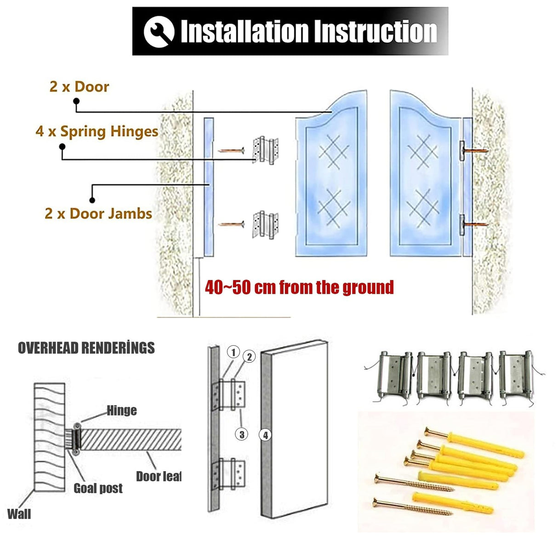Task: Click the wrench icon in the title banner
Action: (159, 32)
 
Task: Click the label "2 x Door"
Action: (80, 86)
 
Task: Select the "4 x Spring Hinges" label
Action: (97, 131)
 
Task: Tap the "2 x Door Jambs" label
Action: (98, 213)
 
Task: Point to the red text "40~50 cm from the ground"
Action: (299, 287)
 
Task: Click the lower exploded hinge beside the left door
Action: (266, 224)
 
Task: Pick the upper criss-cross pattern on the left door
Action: (333, 152)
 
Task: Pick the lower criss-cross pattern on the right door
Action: (422, 208)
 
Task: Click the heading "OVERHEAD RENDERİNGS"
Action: (86, 348)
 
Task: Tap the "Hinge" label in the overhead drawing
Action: (122, 410)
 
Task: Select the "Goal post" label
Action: (98, 488)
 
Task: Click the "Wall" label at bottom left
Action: (19, 513)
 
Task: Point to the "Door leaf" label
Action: (159, 476)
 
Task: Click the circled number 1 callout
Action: (233, 353)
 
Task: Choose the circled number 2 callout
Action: (249, 357)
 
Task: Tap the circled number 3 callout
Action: (242, 434)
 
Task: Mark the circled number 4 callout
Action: (265, 434)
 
